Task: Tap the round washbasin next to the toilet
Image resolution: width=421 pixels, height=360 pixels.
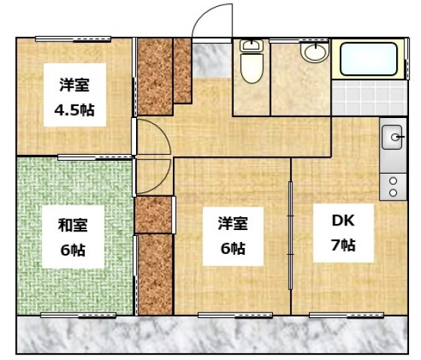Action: click(x=315, y=53)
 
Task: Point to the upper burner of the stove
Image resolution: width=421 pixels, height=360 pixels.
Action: click(x=392, y=180)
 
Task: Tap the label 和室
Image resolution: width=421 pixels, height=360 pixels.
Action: click(x=72, y=223)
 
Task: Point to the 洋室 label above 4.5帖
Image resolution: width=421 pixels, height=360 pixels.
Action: click(x=72, y=84)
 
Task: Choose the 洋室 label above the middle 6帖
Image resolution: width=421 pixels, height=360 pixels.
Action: click(x=231, y=222)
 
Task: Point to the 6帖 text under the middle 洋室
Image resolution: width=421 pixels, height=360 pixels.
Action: click(x=231, y=247)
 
